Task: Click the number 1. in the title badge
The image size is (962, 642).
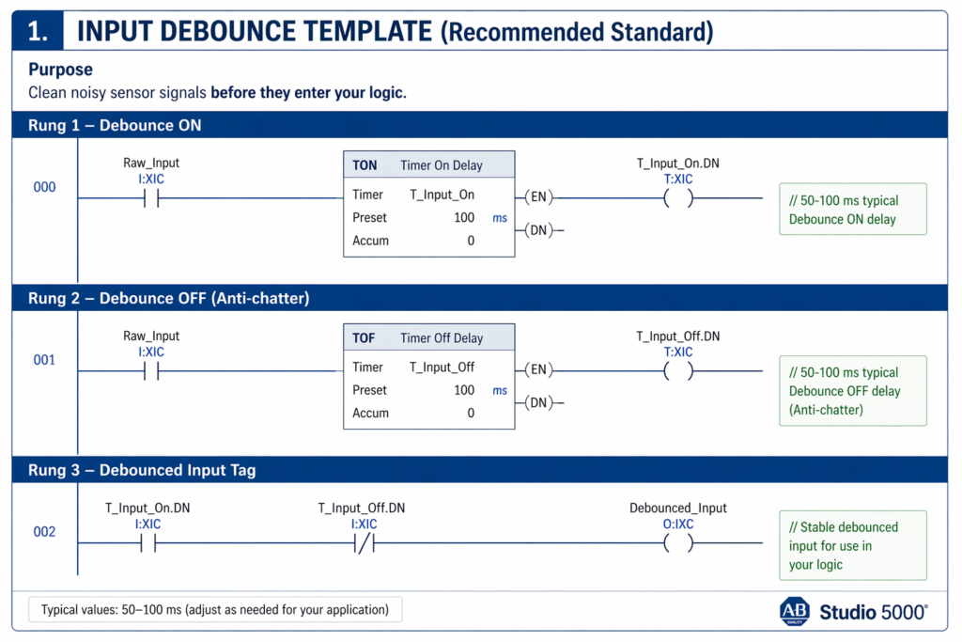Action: pos(38,31)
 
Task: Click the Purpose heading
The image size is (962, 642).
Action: pos(60,70)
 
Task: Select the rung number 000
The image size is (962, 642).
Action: pos(44,187)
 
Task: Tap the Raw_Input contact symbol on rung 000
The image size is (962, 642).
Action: pos(151,198)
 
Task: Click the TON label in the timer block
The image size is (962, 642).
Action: pos(365,165)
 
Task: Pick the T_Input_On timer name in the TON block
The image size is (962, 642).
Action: pos(442,195)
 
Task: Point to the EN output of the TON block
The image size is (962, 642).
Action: pos(538,197)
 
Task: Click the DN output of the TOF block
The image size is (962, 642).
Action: pos(538,402)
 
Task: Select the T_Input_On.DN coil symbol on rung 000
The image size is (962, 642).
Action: pos(678,198)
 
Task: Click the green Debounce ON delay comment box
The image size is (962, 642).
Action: pos(853,209)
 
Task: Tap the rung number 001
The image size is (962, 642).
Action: pos(44,360)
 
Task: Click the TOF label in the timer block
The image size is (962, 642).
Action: pos(364,338)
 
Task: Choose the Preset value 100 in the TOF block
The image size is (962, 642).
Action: pos(464,390)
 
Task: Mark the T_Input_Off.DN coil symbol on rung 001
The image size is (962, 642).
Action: pos(678,370)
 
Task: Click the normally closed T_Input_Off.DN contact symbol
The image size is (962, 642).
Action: pos(365,543)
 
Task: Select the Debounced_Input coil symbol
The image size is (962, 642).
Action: pos(678,543)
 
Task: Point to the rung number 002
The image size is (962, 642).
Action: pos(44,531)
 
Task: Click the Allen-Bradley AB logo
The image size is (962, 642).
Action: pos(795,611)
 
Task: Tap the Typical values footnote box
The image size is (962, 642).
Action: pos(215,609)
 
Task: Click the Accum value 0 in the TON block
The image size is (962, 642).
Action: pos(471,241)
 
